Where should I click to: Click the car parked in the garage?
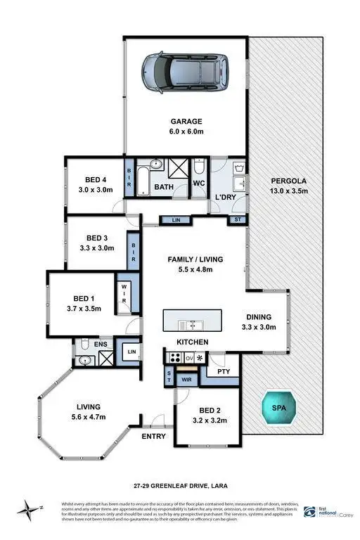click(186, 71)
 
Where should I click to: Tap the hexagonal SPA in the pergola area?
click(279, 407)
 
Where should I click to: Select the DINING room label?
click(258, 317)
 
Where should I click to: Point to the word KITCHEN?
click(192, 342)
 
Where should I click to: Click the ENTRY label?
click(154, 436)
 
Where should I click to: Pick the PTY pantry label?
click(224, 371)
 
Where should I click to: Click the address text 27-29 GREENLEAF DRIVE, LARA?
click(179, 484)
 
